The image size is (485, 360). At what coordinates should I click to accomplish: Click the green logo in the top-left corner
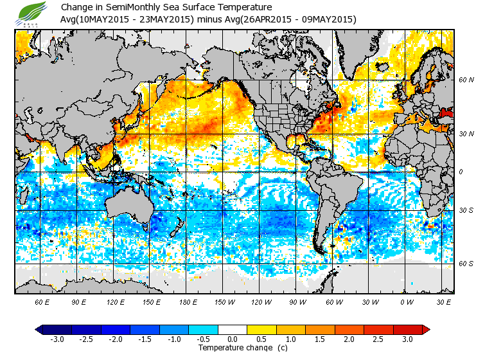(x=33, y=14)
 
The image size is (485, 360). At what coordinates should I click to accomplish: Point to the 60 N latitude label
(x=466, y=80)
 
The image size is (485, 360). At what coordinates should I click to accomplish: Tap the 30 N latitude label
(x=466, y=133)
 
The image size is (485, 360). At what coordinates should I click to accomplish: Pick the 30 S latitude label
(x=466, y=210)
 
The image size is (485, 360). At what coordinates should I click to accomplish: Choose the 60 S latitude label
(x=466, y=263)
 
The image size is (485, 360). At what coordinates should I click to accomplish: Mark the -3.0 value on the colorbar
(x=57, y=339)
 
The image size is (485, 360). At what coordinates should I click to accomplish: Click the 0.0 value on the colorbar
(x=233, y=339)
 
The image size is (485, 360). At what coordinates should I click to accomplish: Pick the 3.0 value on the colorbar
(x=407, y=339)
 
